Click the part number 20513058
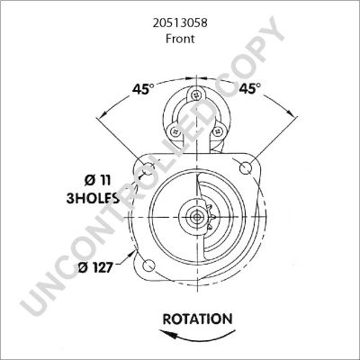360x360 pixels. coord(180,22)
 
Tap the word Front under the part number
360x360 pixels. coord(180,39)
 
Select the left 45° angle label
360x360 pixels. coord(143,89)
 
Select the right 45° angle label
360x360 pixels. coord(250,88)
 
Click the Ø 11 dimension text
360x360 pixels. coord(97,180)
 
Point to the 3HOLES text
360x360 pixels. coord(93,198)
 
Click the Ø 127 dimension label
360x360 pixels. coord(95,267)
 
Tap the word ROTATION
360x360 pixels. coord(197,319)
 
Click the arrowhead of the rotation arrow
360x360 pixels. coord(165,333)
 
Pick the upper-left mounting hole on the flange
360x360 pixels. coord(149,168)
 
